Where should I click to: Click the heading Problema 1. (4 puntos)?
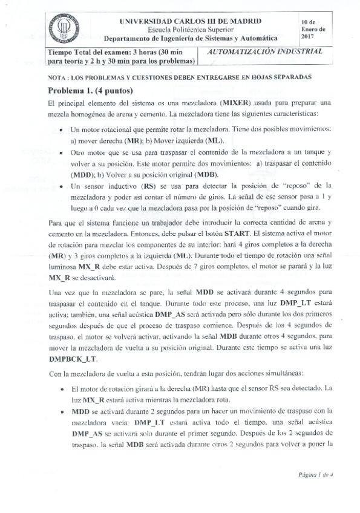point(87,91)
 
